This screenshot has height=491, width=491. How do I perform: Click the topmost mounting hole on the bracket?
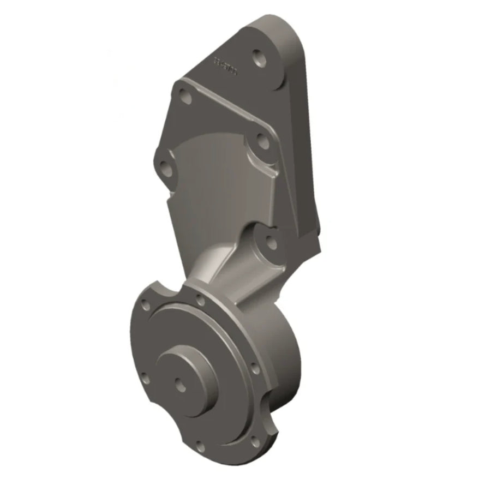(x=258, y=57)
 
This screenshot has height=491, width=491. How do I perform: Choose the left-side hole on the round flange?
(x=143, y=376)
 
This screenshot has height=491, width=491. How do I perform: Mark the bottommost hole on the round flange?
(x=200, y=446)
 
